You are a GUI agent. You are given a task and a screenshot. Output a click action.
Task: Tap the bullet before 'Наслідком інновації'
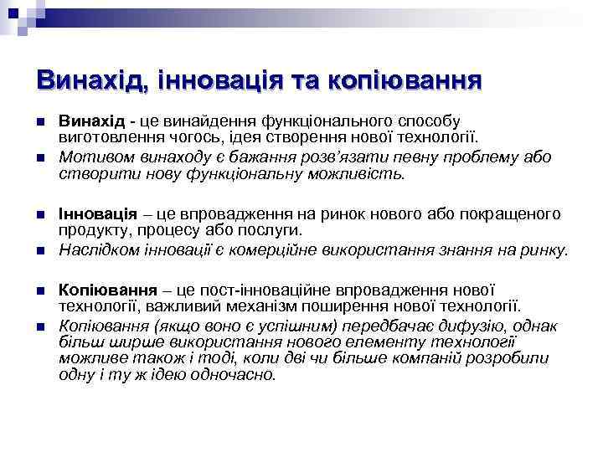(x=42, y=251)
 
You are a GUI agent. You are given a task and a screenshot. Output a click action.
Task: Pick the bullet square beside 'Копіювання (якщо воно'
(x=42, y=325)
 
